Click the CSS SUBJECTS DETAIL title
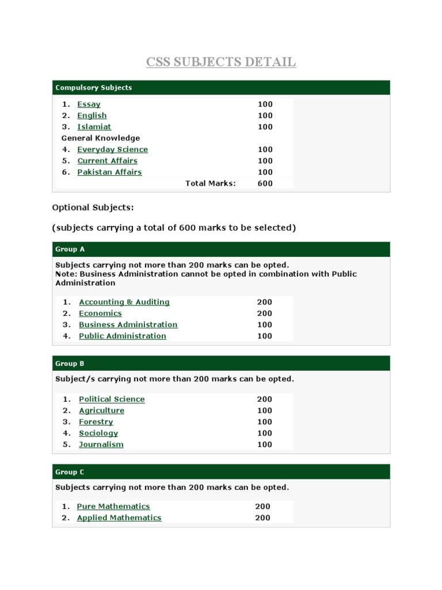(x=221, y=62)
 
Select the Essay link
(x=89, y=104)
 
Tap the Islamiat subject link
(x=94, y=127)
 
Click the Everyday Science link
(x=112, y=149)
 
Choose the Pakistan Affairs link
(x=109, y=172)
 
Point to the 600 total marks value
(x=265, y=183)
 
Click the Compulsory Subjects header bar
(x=221, y=88)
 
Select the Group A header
(x=221, y=249)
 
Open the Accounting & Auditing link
(x=124, y=302)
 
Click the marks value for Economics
(x=265, y=313)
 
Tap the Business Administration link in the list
(x=128, y=324)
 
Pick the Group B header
(x=221, y=364)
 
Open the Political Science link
(x=112, y=399)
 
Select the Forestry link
(x=96, y=422)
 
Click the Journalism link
(x=101, y=444)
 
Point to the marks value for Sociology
(x=265, y=433)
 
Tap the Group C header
(x=221, y=472)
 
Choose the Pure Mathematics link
(x=113, y=506)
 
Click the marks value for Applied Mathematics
(x=262, y=518)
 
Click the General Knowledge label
(x=101, y=138)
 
